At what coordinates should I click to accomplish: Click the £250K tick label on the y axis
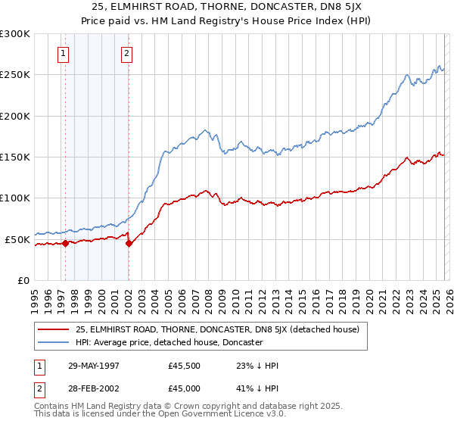(x=15, y=75)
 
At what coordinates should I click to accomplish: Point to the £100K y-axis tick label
(x=15, y=198)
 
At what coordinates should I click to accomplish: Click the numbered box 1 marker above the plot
(x=62, y=53)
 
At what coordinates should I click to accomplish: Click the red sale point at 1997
(x=66, y=243)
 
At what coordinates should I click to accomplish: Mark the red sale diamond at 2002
(x=129, y=244)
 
